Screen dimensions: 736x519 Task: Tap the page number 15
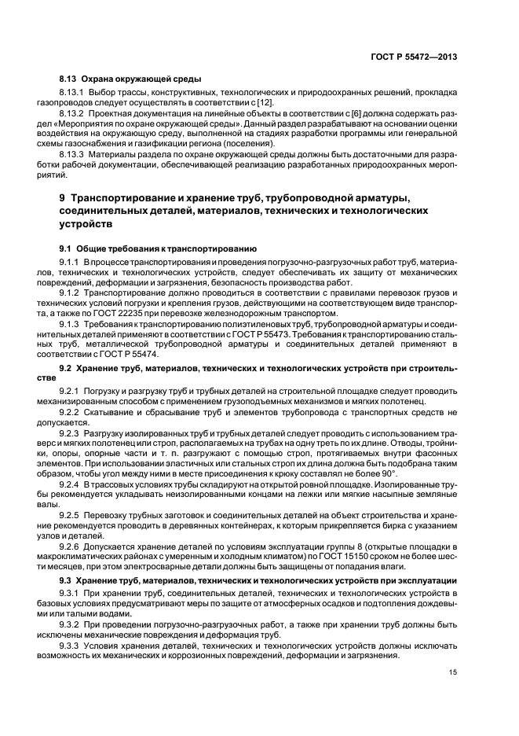[453, 672]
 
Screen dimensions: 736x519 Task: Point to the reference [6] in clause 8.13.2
[303, 113]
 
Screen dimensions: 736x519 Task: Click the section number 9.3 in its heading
[67, 580]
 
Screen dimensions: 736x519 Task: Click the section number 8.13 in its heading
[68, 79]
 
